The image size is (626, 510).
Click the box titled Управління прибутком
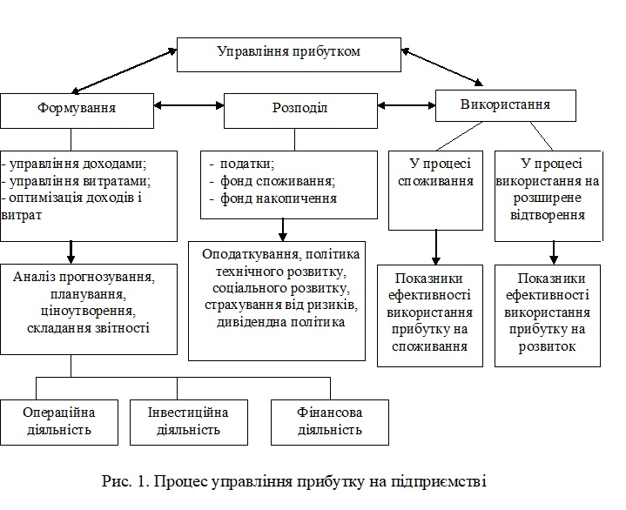289,55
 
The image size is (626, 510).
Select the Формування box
77,111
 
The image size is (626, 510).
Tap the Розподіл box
300,111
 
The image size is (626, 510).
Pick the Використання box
506,105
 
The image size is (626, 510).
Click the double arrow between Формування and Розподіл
189,105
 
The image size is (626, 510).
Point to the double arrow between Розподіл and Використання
407,105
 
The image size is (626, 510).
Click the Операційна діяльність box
59,422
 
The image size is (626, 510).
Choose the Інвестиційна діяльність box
188,422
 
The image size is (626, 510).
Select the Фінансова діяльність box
330,422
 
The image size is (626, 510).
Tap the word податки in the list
247,164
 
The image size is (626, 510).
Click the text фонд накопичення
279,198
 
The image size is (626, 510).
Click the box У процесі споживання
435,191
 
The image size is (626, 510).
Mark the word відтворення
548,215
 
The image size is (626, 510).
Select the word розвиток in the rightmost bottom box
547,346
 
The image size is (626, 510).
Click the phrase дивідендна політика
280,322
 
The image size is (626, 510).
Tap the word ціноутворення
88,312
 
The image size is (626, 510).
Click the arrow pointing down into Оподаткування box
283,230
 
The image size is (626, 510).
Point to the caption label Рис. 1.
125,481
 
